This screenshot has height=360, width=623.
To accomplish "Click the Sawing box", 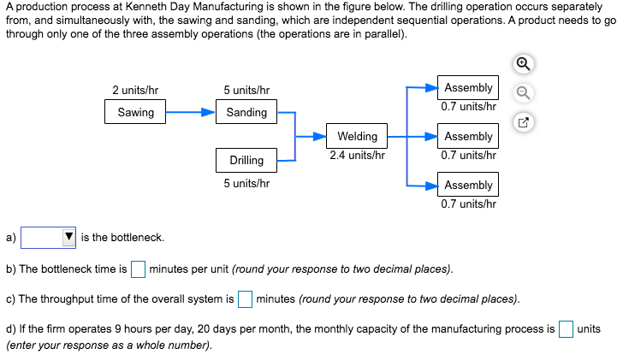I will (x=135, y=112).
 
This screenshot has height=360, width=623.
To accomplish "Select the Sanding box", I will (x=246, y=112).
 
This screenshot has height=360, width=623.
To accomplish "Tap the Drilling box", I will (x=246, y=160).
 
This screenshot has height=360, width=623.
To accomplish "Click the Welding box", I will (x=357, y=137).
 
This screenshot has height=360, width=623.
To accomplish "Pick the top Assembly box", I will (x=468, y=88).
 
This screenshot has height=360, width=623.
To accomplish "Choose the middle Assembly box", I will (x=468, y=137).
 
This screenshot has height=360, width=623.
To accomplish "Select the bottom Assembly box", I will (x=468, y=185).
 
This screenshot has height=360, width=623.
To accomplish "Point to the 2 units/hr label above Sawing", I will (x=135, y=90).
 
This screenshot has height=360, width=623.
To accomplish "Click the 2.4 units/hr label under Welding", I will (x=357, y=156).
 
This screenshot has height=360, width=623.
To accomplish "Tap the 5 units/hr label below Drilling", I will (x=246, y=183).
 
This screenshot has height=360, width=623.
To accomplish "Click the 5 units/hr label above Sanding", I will (x=246, y=90).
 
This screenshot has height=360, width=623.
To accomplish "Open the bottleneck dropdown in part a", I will (x=49, y=237).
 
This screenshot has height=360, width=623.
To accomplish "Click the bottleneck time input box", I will (x=138, y=269).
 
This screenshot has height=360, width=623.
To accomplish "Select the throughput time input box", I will (x=245, y=299).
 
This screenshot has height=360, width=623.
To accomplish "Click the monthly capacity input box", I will (x=566, y=329).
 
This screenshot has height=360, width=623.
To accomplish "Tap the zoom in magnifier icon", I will (x=525, y=64).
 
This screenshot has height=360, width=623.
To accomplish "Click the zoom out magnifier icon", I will (x=525, y=93).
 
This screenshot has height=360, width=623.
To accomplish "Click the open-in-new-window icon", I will (x=525, y=122).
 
